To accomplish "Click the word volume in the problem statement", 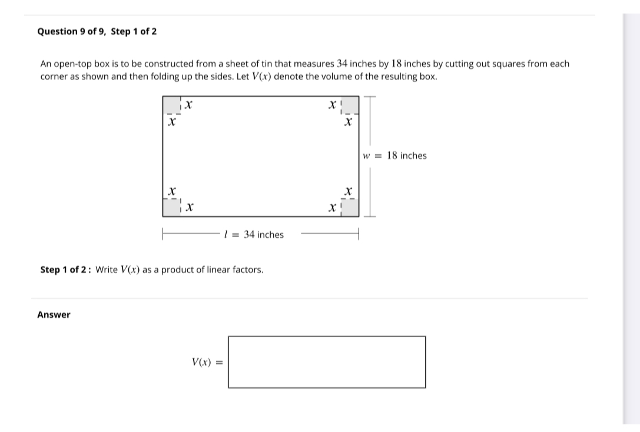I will [339, 77].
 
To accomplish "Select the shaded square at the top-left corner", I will [171, 104].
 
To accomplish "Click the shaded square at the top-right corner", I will [349, 104].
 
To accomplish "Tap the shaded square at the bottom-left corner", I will [171, 208].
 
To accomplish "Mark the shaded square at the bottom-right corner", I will [349, 208].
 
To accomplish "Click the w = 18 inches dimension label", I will [395, 156].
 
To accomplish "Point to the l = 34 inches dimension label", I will [254, 235].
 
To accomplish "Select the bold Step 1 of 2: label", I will [66, 270].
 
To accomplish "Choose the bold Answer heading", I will [54, 315].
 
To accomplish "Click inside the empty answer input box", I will [327, 362].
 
